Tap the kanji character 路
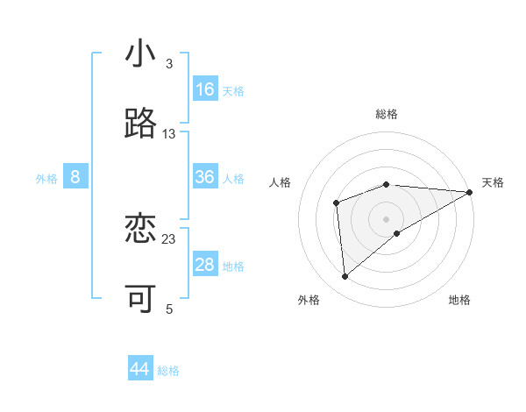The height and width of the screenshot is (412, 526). point(140,124)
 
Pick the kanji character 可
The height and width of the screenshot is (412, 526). point(140,299)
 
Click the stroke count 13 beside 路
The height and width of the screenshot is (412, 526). point(169,133)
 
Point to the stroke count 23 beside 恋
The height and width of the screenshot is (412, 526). point(169,238)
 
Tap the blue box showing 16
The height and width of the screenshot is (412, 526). point(205,89)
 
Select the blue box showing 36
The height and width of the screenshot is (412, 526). point(205,177)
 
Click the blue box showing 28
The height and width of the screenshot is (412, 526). point(205,265)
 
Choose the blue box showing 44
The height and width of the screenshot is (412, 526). point(140,369)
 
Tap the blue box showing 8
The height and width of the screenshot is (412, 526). point(75,177)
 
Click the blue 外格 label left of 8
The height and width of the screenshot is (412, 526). point(46,179)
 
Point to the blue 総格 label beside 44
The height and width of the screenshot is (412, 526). point(168,371)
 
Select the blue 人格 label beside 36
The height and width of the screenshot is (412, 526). point(233,179)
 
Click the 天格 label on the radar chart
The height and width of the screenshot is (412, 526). point(493,182)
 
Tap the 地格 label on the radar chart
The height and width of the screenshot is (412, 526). point(459,300)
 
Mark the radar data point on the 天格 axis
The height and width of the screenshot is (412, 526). point(470,192)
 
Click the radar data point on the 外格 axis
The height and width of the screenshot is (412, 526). point(345,276)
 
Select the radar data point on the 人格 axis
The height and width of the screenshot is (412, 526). point(336,203)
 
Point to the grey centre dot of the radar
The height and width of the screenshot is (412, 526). point(386,218)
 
